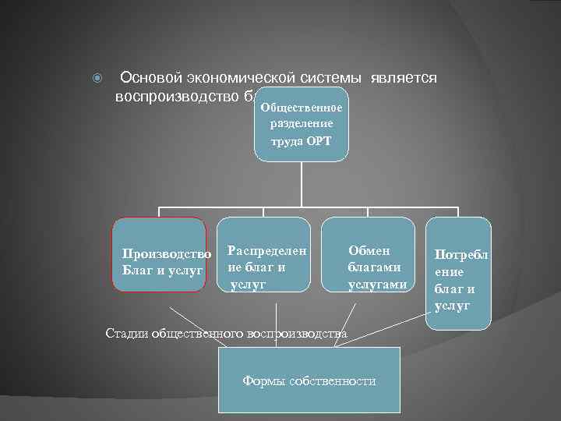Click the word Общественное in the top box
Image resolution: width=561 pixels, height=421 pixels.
pos(301,107)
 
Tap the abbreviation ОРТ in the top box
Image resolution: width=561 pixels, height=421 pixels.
pos(318,141)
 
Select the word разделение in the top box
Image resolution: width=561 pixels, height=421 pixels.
pos(302,123)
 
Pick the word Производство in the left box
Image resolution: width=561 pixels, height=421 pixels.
pos(166,254)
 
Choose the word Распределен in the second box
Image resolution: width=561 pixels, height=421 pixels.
pos(266,251)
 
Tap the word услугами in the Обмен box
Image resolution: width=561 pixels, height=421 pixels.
pos(377,285)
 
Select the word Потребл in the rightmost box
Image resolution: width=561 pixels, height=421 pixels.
pos(460,255)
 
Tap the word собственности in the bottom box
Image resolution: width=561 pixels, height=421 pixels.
pos(332,381)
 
